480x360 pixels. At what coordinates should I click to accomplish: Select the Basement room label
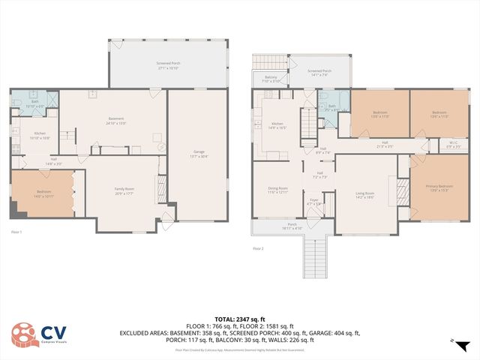(x=115, y=120)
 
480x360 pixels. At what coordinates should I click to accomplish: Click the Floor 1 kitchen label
(x=39, y=135)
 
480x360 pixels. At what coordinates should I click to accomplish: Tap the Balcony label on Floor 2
(x=271, y=79)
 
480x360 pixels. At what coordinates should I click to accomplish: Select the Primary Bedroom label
(x=440, y=187)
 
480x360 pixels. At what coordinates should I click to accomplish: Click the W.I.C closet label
(x=433, y=145)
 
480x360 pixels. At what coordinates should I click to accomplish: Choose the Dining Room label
(x=277, y=190)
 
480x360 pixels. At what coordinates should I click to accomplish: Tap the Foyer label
(x=315, y=202)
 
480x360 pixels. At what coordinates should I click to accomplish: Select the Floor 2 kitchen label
(x=277, y=125)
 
